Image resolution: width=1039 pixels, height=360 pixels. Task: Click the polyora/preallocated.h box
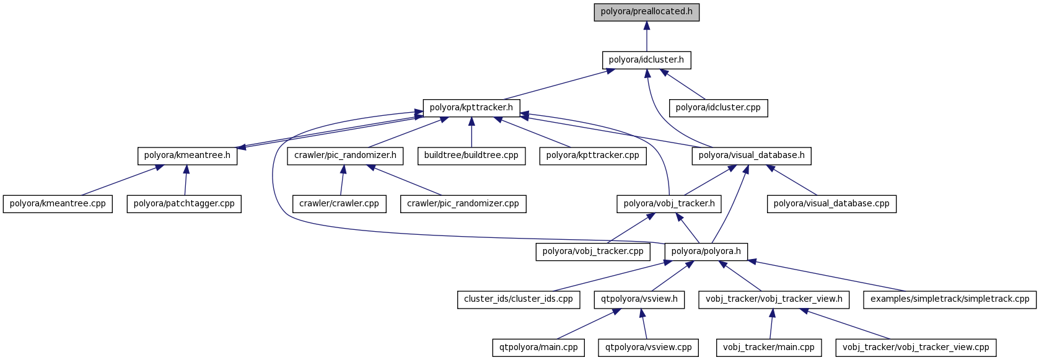point(646,12)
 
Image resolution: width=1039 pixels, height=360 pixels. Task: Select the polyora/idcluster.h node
point(646,60)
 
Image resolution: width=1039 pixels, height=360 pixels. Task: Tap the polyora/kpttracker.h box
point(471,108)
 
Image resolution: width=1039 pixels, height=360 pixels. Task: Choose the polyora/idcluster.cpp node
point(718,108)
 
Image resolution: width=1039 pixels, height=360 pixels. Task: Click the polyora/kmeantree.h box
point(187,156)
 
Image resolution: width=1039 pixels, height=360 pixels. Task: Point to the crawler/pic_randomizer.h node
point(345,156)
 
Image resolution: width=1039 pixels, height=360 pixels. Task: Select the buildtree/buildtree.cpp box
point(471,156)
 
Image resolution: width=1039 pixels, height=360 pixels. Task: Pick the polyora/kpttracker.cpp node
point(593,156)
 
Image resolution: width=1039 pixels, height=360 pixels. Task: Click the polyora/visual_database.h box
point(752,156)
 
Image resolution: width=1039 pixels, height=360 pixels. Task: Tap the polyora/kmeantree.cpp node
point(58,204)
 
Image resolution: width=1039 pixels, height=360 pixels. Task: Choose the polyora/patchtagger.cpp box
point(184,204)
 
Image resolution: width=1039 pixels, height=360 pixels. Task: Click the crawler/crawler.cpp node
point(339,204)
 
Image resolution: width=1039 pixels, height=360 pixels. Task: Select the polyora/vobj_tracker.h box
point(669,204)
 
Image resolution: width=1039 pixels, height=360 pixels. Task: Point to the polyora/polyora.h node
point(706,252)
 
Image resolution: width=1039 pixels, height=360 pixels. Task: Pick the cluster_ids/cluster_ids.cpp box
point(519,299)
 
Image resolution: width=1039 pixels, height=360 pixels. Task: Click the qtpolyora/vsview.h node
point(639,299)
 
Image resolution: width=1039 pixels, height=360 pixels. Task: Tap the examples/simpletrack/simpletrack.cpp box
point(950,299)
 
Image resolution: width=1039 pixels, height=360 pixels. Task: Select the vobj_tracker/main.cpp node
point(769,348)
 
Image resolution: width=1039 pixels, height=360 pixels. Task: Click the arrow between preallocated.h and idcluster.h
point(646,37)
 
